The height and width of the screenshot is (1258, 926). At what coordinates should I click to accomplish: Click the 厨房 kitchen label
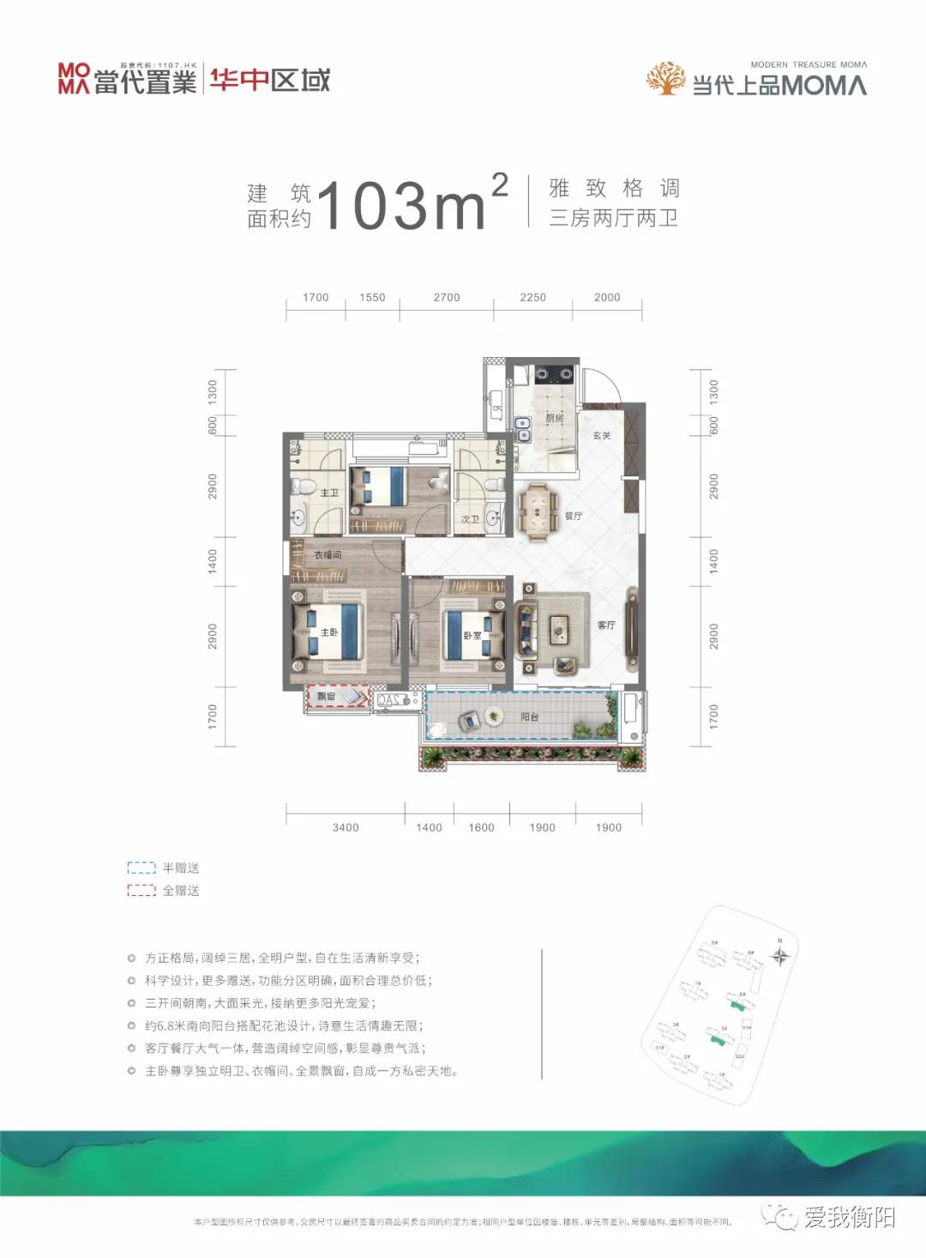555,418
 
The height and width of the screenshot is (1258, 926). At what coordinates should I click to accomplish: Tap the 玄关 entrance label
602,436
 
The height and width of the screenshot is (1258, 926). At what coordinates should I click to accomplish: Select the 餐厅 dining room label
574,516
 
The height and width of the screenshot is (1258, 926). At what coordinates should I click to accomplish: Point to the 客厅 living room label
606,625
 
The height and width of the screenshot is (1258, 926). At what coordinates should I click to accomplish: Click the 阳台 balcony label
530,717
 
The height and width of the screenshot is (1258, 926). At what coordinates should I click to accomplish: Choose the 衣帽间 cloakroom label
328,555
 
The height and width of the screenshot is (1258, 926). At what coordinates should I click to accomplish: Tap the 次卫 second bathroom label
470,519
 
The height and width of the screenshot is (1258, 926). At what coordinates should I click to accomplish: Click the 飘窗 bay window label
327,697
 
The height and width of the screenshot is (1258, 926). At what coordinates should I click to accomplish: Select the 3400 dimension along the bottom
346,827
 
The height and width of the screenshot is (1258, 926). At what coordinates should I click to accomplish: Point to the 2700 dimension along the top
447,297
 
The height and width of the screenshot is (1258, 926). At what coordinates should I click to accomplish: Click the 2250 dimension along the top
532,297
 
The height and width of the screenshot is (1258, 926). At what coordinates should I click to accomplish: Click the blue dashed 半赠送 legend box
141,868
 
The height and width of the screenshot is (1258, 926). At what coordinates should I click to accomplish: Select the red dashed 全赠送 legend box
141,891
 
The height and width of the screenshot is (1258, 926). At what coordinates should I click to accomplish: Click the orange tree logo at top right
665,78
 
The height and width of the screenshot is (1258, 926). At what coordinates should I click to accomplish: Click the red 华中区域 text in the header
269,81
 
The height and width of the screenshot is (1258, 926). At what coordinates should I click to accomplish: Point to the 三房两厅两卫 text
614,218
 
